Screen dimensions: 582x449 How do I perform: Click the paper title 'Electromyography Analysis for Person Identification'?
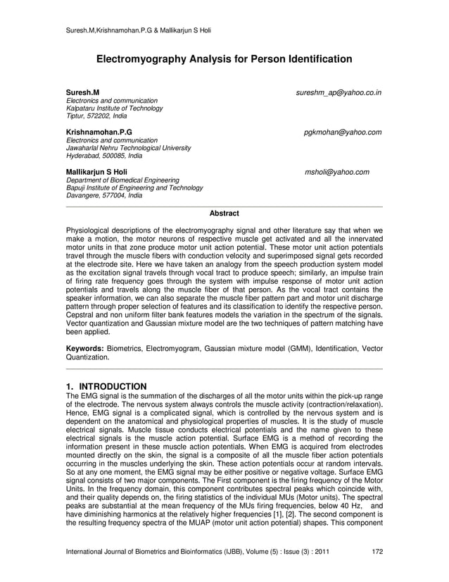click(224, 60)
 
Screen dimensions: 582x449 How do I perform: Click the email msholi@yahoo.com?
click(336, 172)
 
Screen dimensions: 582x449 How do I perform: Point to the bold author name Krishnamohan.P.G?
click(98, 132)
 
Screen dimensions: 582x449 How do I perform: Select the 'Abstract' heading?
click(224, 213)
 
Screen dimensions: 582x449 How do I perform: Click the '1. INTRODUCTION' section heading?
click(106, 387)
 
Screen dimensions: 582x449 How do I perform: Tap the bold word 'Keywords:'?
click(84, 349)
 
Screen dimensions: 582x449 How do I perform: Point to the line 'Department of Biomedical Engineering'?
click(122, 180)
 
